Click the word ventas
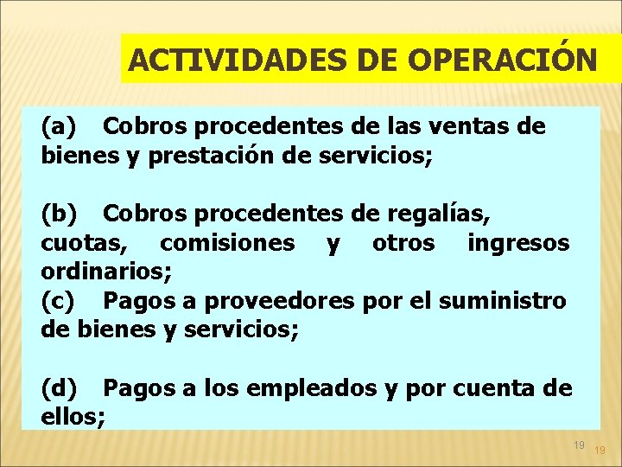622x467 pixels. [x=459, y=127]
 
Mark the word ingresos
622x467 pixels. [x=518, y=242]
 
